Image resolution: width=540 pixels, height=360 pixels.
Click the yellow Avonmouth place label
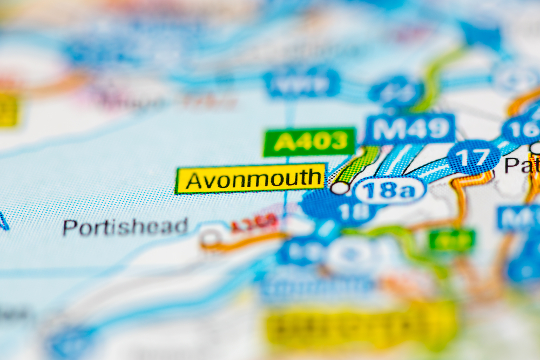tap(251, 179)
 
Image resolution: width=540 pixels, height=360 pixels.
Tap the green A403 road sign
tap(309, 141)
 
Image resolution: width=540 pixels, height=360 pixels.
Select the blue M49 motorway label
tap(410, 129)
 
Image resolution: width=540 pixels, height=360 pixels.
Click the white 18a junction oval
tap(390, 191)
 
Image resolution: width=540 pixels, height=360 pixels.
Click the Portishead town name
tap(125, 227)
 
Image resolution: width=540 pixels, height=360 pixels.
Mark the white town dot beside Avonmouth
tap(340, 188)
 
